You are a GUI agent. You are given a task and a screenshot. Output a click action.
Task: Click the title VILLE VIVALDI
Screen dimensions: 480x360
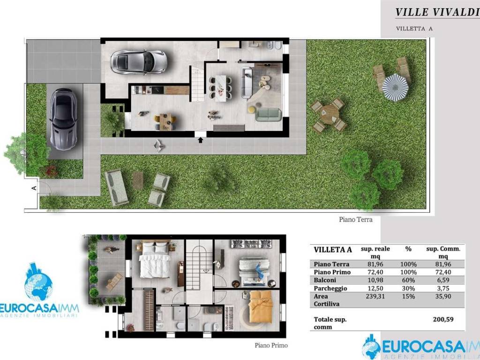point(437,12)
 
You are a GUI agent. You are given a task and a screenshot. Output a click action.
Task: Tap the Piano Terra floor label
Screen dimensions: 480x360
point(356,219)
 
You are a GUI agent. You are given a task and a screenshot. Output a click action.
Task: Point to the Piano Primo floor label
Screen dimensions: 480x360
point(271,345)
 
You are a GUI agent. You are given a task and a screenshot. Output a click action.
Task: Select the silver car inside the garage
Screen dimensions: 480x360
point(139,62)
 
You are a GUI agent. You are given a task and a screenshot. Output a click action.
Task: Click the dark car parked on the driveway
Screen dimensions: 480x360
point(63,120)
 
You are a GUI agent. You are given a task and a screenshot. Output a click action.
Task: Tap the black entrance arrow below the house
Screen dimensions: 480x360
point(201,140)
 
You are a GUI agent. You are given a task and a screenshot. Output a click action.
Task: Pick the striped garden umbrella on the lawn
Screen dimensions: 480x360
point(395,87)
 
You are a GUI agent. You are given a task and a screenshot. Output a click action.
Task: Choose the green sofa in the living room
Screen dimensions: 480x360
point(268,114)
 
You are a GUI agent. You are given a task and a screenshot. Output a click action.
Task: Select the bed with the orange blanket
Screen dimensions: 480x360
point(261,307)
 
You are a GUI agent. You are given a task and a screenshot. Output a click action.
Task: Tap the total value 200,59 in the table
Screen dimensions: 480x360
point(443,319)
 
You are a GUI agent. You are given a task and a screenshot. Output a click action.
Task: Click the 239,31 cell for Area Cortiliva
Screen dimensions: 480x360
point(375,296)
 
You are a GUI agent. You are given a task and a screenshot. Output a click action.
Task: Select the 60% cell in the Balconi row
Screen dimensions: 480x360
point(408,280)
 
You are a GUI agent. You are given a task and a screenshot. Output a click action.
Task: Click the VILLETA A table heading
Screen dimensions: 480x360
point(333,249)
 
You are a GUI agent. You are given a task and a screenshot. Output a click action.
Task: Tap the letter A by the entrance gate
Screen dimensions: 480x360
point(34,188)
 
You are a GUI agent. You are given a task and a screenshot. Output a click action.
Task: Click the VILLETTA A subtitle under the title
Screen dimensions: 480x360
point(414,29)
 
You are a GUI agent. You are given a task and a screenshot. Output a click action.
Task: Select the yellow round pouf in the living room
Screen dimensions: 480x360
point(252,109)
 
